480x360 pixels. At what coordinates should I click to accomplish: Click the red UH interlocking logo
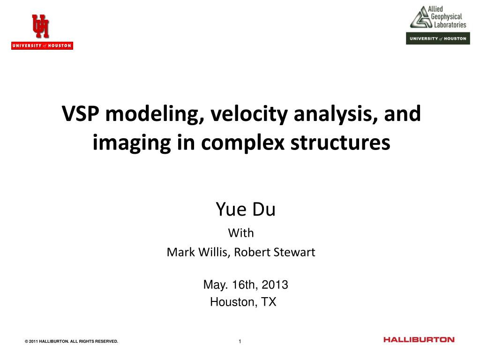coord(40,26)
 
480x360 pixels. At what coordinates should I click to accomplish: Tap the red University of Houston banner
coord(42,45)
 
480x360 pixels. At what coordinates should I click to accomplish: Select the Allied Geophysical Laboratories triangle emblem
coord(421,17)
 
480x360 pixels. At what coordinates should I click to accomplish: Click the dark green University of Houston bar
coord(438,38)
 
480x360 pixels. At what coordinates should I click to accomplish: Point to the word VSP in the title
coord(81,113)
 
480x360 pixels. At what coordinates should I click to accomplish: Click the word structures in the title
coord(340,142)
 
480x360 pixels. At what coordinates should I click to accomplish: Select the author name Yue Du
coord(246,210)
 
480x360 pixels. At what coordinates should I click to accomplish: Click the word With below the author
coord(241,233)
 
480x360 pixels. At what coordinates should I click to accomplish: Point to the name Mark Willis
coord(198,252)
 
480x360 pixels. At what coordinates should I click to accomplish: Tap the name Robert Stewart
coord(275,252)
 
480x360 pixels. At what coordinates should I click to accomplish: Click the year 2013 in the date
coord(275,285)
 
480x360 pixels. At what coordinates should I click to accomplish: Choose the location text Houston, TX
coord(243,302)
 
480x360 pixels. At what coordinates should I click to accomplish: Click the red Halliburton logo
coord(419,339)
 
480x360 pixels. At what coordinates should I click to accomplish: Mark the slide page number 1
coord(240,341)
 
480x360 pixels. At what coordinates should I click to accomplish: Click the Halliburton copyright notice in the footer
coord(71,341)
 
